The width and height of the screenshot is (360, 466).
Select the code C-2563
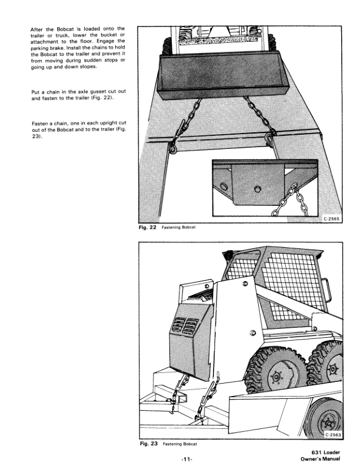(x=334, y=434)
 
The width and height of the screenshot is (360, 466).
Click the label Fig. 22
(x=145, y=228)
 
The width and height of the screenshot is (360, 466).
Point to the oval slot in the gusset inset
(x=225, y=188)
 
